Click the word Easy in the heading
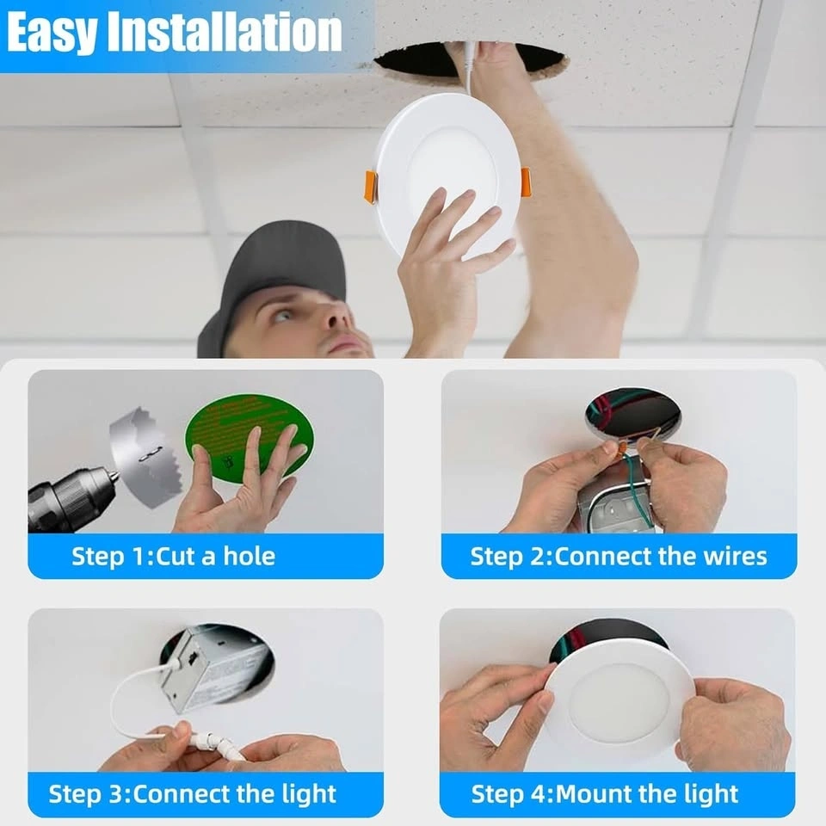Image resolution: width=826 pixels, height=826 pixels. tap(52, 32)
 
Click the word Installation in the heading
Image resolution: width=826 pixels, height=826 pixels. tap(225, 32)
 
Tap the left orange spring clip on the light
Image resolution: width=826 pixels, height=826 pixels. tap(372, 186)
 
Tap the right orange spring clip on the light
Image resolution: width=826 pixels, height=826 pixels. tap(525, 180)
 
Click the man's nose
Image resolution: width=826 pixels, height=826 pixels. tap(334, 315)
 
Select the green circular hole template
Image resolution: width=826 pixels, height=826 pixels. tap(250, 437)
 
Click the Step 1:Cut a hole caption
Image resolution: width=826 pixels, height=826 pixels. tap(173, 557)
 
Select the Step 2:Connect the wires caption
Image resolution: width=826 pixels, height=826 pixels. tap(619, 557)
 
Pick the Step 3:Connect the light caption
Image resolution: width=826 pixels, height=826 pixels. tap(192, 794)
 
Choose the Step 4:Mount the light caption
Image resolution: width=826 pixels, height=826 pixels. tap(604, 794)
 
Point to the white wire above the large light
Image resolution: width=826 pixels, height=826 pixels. tap(469, 69)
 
